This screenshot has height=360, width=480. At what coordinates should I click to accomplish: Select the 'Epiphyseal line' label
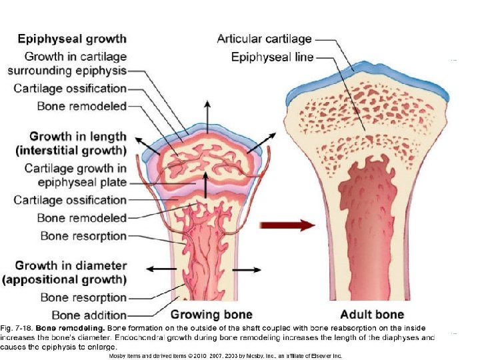272,57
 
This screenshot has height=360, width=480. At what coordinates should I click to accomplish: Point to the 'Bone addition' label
83,314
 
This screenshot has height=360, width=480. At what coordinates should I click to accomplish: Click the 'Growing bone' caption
212,314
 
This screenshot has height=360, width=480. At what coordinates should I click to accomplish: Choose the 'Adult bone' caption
372,314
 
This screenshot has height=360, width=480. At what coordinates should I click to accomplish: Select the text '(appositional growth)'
65,279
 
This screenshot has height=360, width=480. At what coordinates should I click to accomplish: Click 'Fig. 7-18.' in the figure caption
17,329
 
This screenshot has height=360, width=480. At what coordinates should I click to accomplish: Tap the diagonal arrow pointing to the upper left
143,142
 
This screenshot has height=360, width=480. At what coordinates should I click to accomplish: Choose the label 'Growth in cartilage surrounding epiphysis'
67,63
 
